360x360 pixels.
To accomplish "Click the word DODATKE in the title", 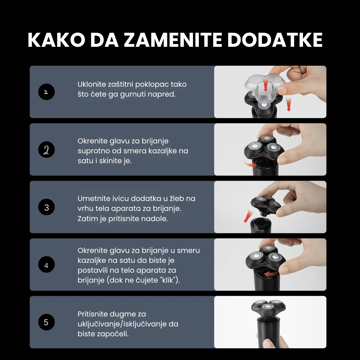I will pos(275,40).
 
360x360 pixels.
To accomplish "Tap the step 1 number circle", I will pos(46,92).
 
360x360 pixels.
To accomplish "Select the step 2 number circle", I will pos(46,150).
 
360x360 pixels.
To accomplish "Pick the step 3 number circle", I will pos(46,207).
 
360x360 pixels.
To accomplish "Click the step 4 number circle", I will pos(46,265).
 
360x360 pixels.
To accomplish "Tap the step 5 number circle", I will pos(46,322).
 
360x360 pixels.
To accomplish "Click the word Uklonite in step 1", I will pos(90,84).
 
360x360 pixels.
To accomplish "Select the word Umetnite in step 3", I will pos(91,199).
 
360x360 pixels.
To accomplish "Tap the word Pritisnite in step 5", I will pos(92,314).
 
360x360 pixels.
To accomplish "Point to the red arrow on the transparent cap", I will pos(265,85).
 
